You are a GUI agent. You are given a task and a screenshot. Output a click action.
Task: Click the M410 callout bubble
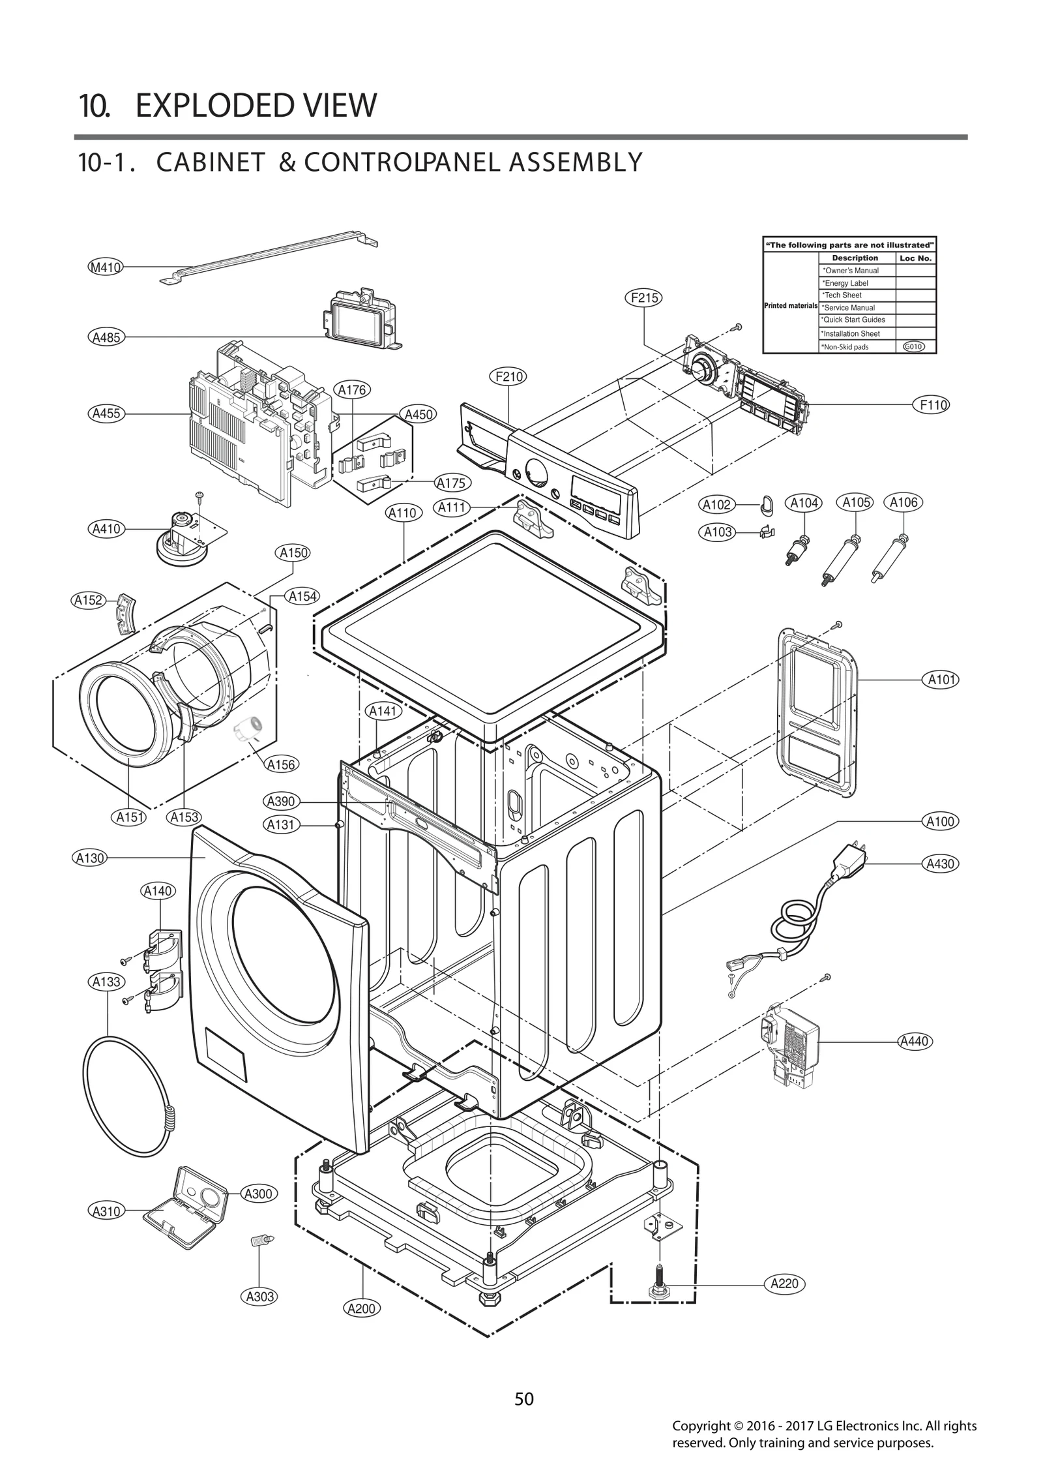pos(105,267)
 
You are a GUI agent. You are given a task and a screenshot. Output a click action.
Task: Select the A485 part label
pos(106,337)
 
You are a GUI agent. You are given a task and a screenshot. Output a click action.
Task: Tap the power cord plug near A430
pos(849,860)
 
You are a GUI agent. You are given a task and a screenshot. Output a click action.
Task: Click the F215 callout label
pos(644,298)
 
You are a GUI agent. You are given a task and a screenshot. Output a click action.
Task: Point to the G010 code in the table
pos(914,347)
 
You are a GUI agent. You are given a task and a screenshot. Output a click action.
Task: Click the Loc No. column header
pos(915,258)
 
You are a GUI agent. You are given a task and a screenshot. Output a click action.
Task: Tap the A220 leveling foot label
pos(784,1284)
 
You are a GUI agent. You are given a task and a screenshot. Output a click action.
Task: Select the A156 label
pos(281,764)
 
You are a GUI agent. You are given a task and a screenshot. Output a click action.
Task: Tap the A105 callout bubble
pos(857,502)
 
